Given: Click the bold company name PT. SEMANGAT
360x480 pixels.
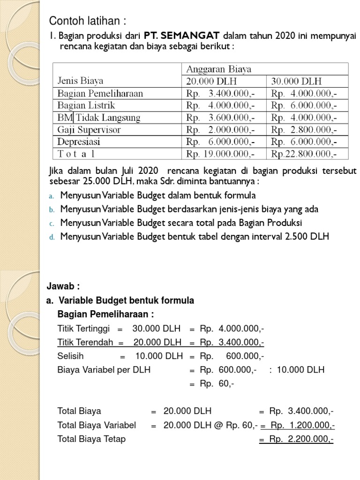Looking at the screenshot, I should (x=182, y=36).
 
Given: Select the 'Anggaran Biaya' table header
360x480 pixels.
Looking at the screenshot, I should (x=219, y=69).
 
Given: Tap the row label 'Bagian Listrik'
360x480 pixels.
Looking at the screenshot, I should (x=86, y=105).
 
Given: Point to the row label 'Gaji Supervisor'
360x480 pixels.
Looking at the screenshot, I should (x=89, y=129).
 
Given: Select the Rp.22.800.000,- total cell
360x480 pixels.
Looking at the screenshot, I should (x=304, y=154).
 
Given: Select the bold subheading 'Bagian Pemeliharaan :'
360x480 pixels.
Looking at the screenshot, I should (x=105, y=314).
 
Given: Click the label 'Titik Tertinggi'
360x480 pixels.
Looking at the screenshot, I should (x=83, y=328).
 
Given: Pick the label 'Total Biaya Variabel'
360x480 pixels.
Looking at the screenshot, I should (x=97, y=425).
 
